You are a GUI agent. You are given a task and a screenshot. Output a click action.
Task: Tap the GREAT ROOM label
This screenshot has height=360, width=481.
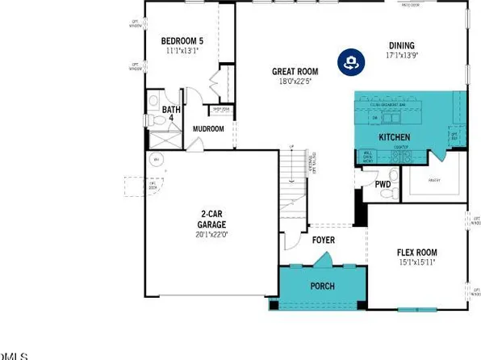click(295, 71)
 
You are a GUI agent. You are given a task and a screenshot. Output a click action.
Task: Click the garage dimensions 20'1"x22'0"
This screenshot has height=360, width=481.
click(213, 234)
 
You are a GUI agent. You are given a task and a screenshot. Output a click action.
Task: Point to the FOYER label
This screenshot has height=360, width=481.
click(324, 240)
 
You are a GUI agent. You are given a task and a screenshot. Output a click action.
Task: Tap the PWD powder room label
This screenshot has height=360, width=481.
click(383, 185)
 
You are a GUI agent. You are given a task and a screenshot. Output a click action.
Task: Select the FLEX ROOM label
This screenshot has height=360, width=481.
click(417, 250)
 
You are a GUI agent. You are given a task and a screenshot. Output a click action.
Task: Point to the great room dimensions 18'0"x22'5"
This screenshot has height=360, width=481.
click(295, 82)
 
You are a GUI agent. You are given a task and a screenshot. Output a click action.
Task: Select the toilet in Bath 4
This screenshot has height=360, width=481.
click(154, 119)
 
